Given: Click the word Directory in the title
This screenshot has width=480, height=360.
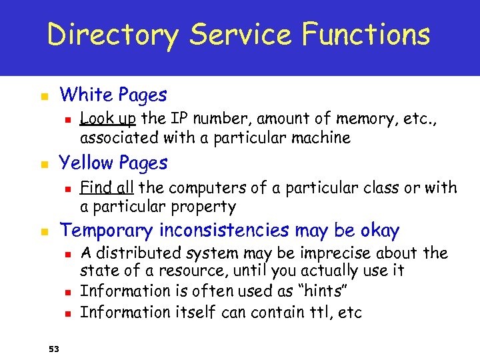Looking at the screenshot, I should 112,35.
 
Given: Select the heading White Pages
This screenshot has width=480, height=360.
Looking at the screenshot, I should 113,95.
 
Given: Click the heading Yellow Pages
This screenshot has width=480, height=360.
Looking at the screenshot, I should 113,163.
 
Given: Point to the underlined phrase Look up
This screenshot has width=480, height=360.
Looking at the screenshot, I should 108,119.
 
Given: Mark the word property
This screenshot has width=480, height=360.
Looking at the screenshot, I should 203,207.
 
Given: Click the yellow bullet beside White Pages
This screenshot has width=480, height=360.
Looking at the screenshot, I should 44,97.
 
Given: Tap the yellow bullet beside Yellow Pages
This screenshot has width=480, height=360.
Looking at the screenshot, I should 44,165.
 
